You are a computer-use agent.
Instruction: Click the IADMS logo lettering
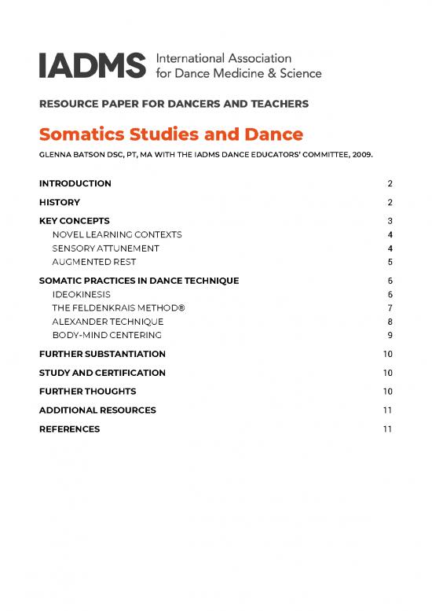[x=92, y=65]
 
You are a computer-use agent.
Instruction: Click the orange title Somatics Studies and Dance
[x=170, y=134]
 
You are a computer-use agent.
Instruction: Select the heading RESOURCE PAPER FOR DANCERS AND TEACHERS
[x=174, y=104]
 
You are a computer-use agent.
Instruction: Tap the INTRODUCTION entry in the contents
[x=75, y=183]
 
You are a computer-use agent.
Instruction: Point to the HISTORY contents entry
[x=60, y=202]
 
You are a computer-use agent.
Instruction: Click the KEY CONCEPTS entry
[x=74, y=221]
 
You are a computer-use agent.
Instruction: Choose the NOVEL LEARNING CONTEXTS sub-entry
[x=117, y=234]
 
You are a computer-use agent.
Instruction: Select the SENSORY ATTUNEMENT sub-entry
[x=105, y=248]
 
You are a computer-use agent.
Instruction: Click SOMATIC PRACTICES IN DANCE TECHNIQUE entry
[x=139, y=280]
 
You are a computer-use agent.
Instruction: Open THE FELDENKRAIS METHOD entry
[x=118, y=307]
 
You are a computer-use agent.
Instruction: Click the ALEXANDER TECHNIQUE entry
[x=108, y=321]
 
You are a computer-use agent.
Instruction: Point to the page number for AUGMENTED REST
[x=390, y=261]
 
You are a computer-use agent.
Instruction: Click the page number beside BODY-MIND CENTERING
[x=390, y=335]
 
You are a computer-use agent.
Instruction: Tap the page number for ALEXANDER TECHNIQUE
[x=390, y=321]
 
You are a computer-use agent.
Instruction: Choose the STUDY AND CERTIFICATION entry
[x=102, y=373]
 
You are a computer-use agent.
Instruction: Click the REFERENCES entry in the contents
[x=69, y=429]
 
